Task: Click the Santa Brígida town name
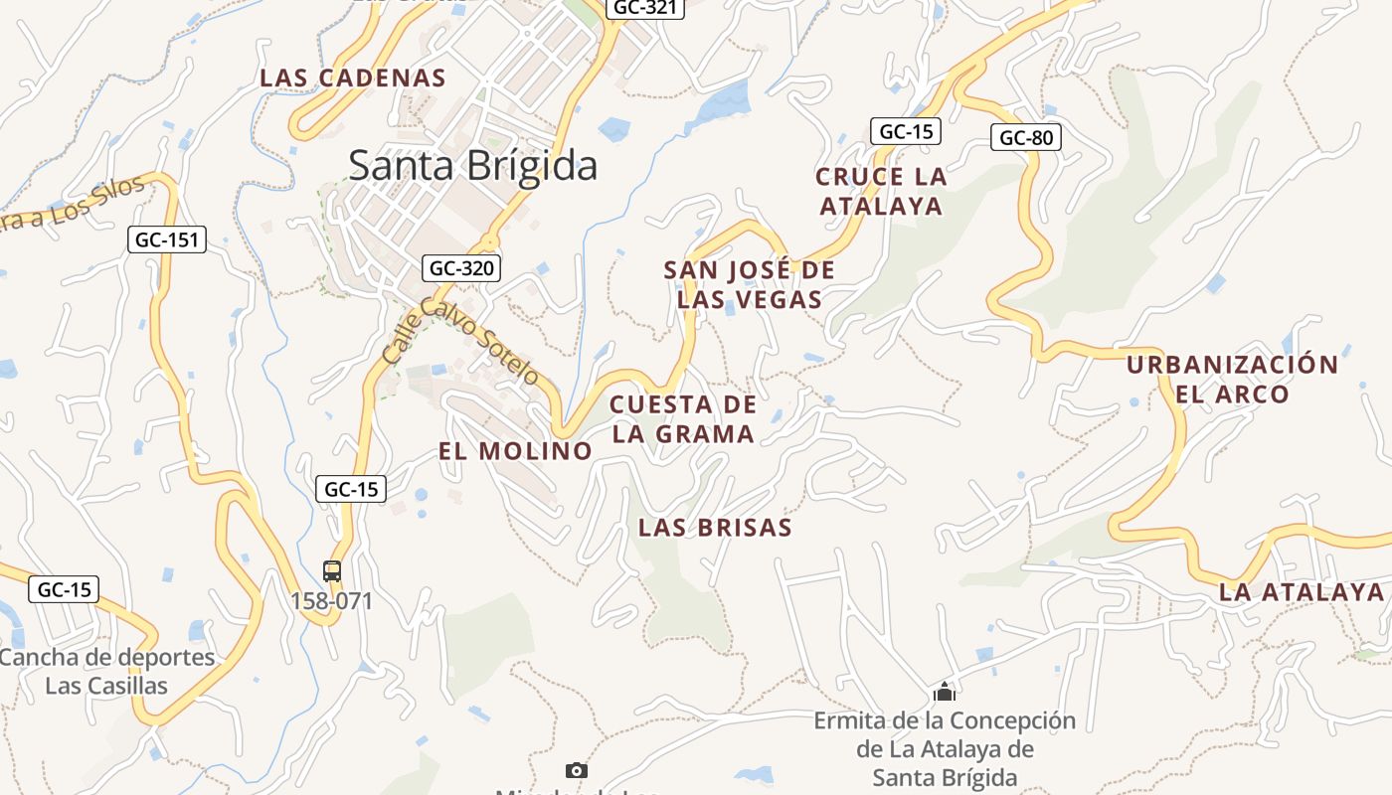tap(472, 165)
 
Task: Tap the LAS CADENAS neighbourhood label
tap(353, 78)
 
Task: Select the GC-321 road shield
tap(644, 8)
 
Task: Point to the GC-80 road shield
tap(1025, 137)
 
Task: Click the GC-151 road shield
tap(167, 239)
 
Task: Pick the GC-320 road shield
tap(461, 267)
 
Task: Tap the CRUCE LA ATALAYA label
tap(880, 191)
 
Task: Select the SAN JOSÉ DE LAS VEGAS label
tap(750, 284)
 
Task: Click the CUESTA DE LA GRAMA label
tap(683, 418)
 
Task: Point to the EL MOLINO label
tap(515, 450)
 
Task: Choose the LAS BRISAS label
tap(715, 527)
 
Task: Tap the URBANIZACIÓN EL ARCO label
tap(1232, 379)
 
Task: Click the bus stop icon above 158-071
tap(332, 571)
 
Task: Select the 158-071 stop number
tap(332, 601)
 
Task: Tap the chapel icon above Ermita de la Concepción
tap(945, 692)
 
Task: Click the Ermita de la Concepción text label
tap(945, 748)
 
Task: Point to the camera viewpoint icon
tap(576, 770)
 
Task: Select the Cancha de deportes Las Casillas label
tap(106, 671)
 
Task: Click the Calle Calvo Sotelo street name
tap(461, 341)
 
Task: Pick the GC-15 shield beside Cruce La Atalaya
tap(905, 131)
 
